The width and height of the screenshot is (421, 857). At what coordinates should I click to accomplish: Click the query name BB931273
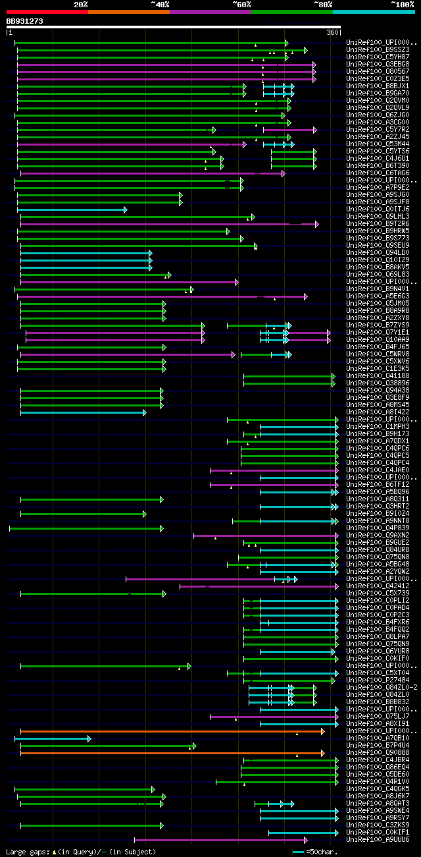tap(25, 21)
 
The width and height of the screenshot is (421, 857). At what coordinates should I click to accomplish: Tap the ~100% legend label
tap(401, 4)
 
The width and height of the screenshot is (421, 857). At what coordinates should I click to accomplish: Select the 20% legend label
tap(81, 4)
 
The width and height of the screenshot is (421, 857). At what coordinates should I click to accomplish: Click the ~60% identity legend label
tap(241, 4)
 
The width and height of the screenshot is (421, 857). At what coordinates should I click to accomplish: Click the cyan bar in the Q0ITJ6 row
tap(72, 209)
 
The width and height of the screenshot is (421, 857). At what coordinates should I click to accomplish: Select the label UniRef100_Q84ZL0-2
tap(382, 688)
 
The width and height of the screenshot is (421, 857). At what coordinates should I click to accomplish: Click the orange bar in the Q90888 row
tap(171, 753)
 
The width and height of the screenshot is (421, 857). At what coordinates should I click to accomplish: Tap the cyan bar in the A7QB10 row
tap(53, 738)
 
